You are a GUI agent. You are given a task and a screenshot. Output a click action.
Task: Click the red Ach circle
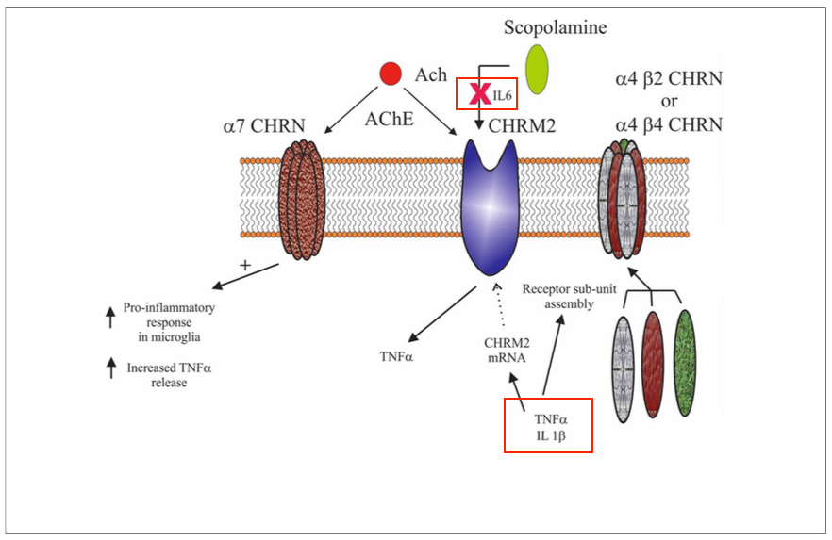click(x=390, y=74)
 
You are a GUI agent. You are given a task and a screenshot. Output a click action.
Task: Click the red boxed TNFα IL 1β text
click(x=548, y=425)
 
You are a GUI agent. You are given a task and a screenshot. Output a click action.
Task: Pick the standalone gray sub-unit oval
click(x=625, y=368)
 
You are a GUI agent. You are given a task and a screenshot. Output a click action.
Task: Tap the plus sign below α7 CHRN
click(x=245, y=266)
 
